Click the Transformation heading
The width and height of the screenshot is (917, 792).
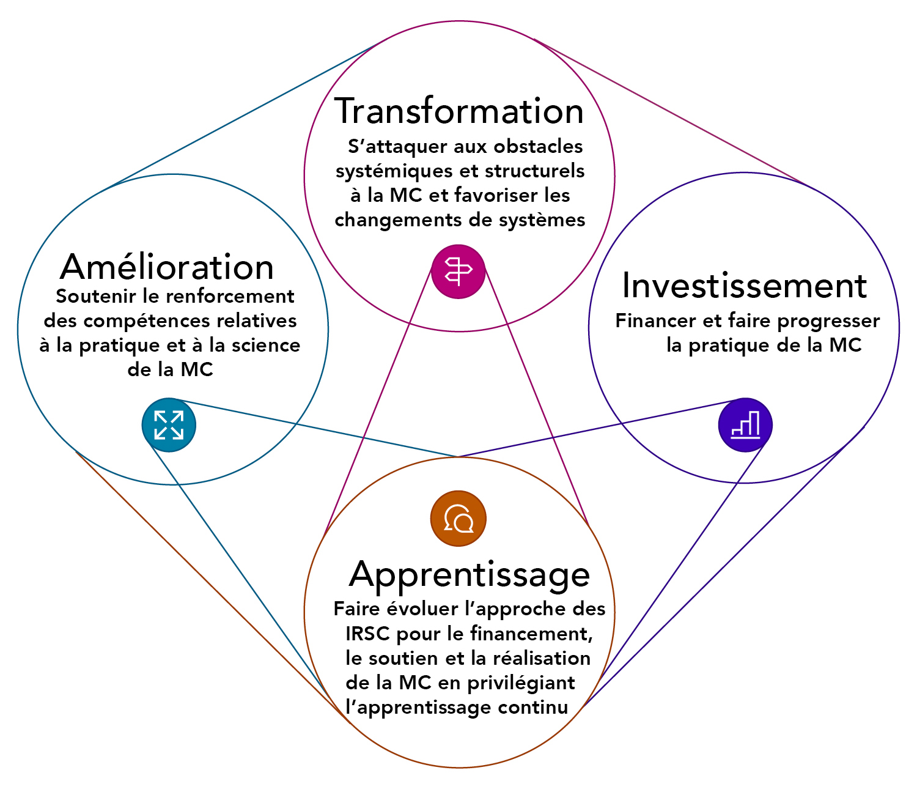459,111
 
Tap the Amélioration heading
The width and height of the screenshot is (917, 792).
167,267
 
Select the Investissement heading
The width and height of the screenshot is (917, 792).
744,286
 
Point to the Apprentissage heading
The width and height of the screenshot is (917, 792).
470,575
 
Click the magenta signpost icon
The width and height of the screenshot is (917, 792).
458,272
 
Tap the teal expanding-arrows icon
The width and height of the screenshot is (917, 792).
169,425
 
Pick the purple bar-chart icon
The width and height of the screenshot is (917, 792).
745,425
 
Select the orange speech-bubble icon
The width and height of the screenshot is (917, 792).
458,519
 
